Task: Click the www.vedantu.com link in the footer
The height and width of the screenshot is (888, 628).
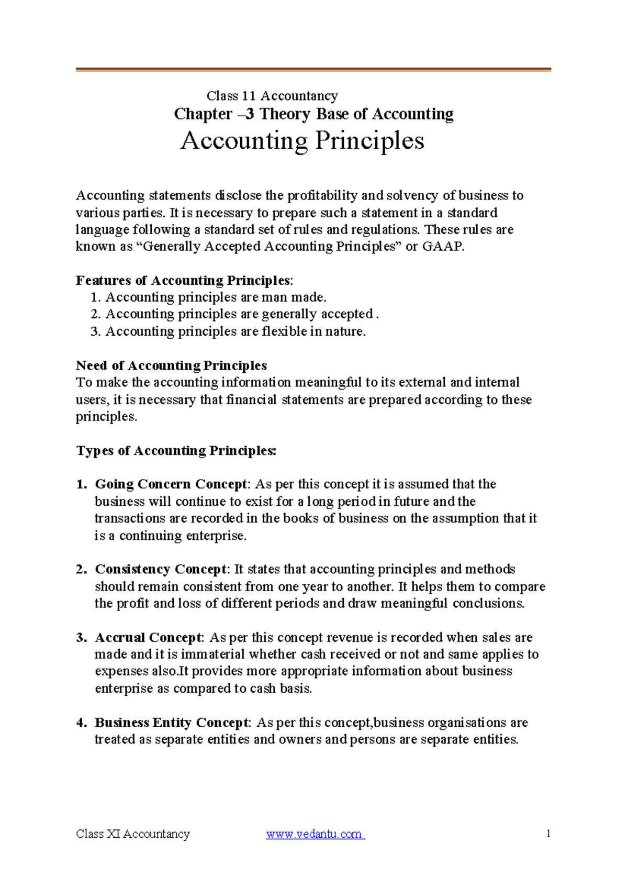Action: tap(315, 834)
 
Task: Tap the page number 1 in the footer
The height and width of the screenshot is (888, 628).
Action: tap(548, 834)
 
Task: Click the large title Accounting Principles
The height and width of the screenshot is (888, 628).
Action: tap(302, 141)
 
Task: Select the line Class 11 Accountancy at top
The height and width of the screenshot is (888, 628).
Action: tap(272, 96)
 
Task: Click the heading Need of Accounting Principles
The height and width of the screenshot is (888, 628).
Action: tap(171, 365)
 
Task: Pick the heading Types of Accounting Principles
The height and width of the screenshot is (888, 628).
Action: tap(176, 451)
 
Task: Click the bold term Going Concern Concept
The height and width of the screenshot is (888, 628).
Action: tap(171, 484)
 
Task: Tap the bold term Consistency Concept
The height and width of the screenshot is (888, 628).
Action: tap(161, 569)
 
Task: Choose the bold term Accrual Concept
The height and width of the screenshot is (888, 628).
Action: tap(148, 638)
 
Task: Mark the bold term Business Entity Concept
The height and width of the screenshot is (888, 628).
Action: tap(172, 723)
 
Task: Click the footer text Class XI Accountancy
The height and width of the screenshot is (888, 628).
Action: tap(132, 834)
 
